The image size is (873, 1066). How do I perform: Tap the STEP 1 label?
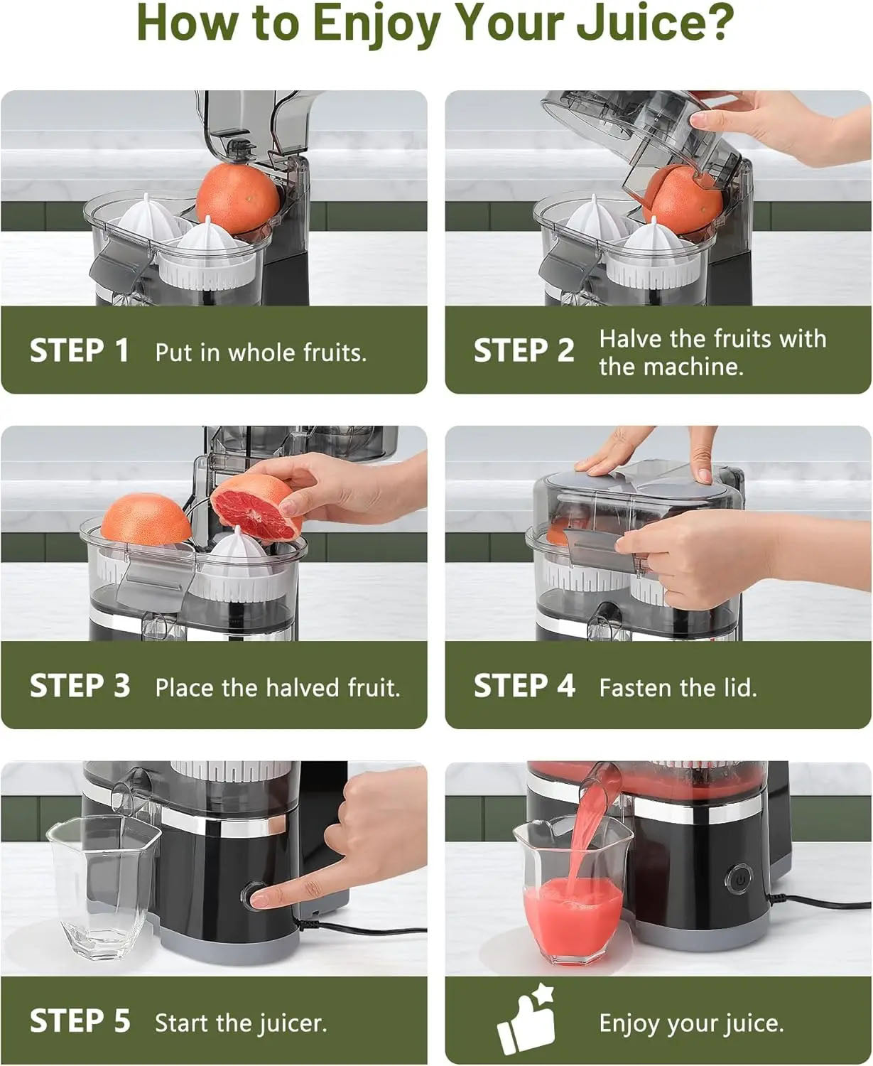coord(80,351)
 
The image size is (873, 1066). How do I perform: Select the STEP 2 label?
coord(524,351)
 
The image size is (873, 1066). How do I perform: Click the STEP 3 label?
coord(80,687)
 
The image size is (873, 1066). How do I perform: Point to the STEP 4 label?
coord(524,687)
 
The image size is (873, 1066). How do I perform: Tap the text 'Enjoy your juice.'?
coord(691,1023)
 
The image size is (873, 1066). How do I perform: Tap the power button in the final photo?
coord(739,879)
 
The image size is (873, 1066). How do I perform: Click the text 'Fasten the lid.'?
coord(678,687)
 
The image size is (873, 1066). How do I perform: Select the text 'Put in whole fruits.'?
coord(261,352)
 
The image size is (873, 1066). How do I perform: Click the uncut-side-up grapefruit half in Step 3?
coord(146,519)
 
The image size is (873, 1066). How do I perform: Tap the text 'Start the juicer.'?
coord(241,1023)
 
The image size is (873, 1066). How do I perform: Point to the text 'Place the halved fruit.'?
coord(278,687)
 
